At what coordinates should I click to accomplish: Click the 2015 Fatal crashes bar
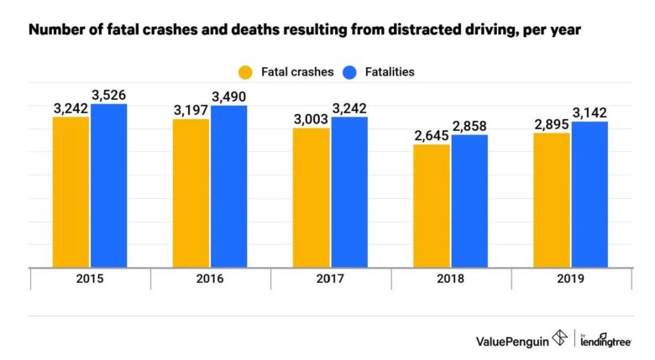[71, 191]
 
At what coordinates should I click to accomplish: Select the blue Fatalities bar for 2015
[109, 185]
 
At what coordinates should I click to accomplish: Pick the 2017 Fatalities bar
[349, 191]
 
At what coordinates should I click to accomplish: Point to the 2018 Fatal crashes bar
[432, 206]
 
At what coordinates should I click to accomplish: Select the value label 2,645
[432, 135]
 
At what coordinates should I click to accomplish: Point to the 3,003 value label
[312, 119]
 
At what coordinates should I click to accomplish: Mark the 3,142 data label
[589, 112]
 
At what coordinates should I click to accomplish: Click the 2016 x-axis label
[210, 279]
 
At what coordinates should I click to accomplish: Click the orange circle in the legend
[245, 71]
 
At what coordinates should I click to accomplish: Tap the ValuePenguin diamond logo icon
[558, 338]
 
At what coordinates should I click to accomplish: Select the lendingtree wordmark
[605, 340]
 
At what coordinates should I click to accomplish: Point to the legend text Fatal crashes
[296, 71]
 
